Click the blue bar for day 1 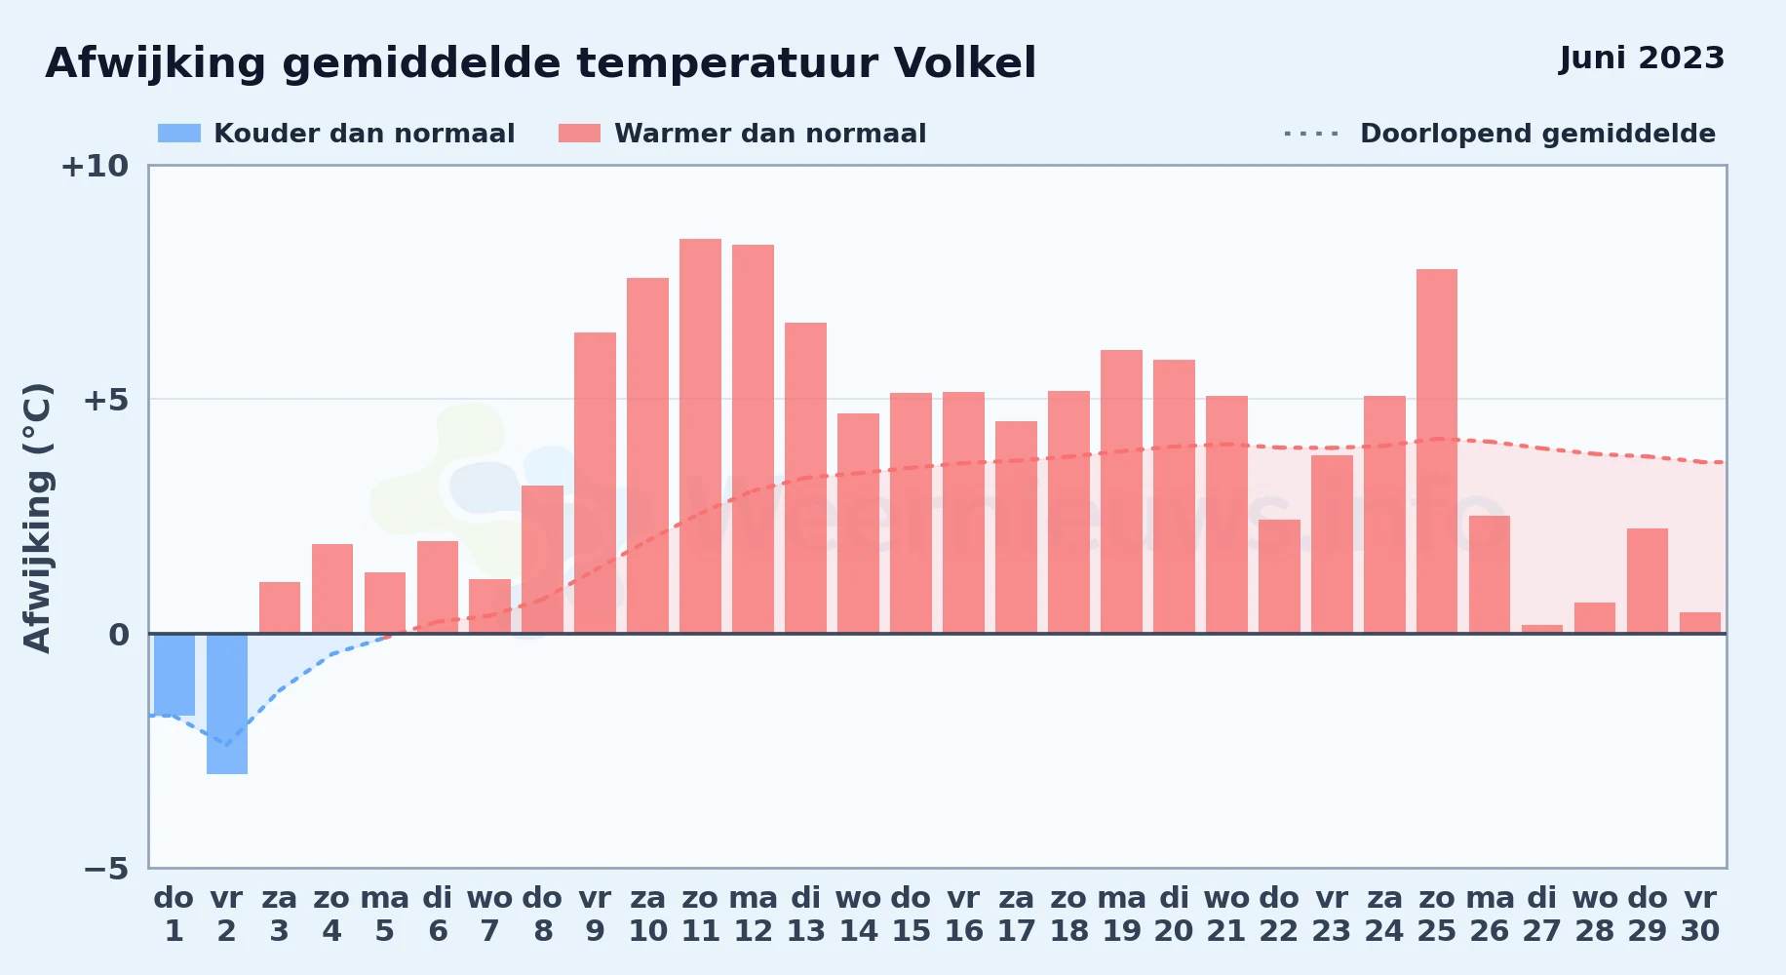pyautogui.click(x=175, y=675)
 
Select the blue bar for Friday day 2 pyautogui.click(x=227, y=704)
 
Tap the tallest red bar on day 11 pyautogui.click(x=700, y=436)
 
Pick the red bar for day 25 pyautogui.click(x=1437, y=451)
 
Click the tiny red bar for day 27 pyautogui.click(x=1542, y=629)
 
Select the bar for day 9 pyautogui.click(x=595, y=483)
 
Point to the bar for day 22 pyautogui.click(x=1279, y=576)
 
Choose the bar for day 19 pyautogui.click(x=1121, y=491)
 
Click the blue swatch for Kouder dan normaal pyautogui.click(x=179, y=134)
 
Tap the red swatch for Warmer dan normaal pyautogui.click(x=579, y=134)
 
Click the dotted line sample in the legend pyautogui.click(x=1311, y=134)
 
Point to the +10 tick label pyautogui.click(x=95, y=166)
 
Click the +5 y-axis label pyautogui.click(x=106, y=400)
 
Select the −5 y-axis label pyautogui.click(x=106, y=868)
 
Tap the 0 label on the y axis pyautogui.click(x=119, y=635)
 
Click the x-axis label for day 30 pyautogui.click(x=1700, y=915)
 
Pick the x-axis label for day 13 pyautogui.click(x=805, y=915)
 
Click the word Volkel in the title pyautogui.click(x=965, y=63)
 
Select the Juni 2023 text pyautogui.click(x=1642, y=58)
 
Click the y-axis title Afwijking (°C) pyautogui.click(x=37, y=517)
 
